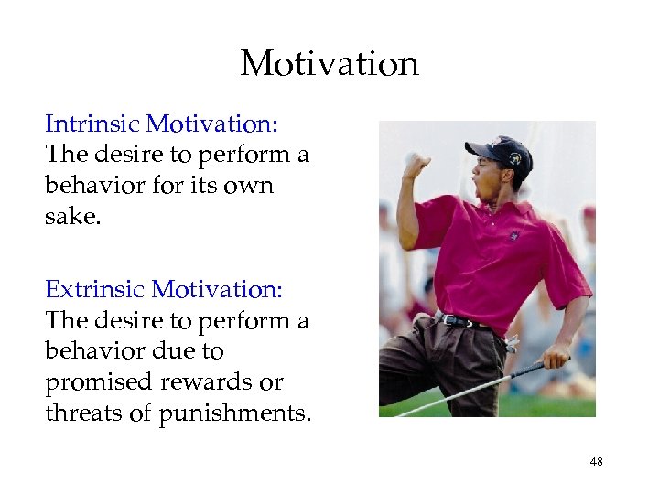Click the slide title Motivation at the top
tap(329, 64)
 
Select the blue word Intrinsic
tap(92, 123)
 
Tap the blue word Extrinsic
tap(95, 290)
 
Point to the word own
tap(249, 186)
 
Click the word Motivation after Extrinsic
tap(218, 290)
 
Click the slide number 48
tap(596, 463)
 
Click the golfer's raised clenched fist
tap(416, 164)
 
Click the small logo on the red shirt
tap(514, 235)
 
